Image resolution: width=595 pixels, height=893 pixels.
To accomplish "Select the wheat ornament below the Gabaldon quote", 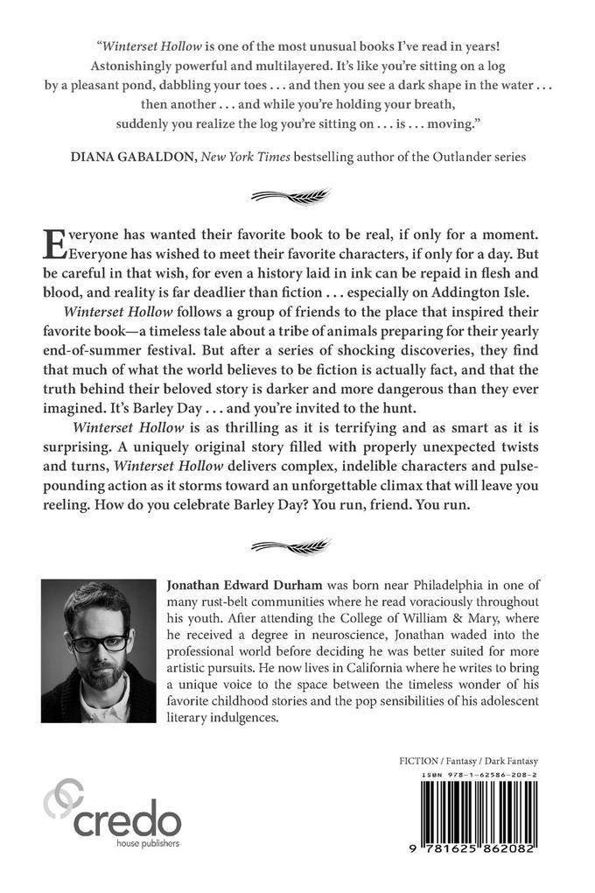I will (297, 193).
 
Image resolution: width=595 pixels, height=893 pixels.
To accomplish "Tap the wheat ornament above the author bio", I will (297, 546).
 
